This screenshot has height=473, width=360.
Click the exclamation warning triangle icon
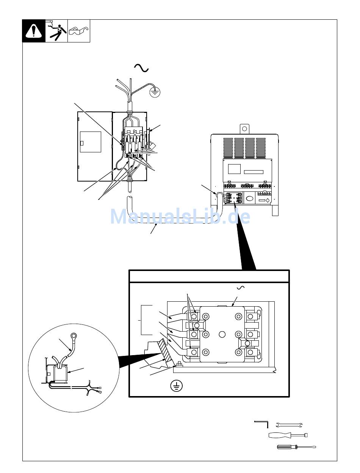tap(34, 31)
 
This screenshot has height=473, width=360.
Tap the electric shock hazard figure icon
tap(56, 31)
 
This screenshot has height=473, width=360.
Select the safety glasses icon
tap(79, 31)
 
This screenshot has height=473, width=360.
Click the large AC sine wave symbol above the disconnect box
tap(141, 68)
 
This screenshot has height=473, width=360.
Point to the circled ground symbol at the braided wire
tap(155, 92)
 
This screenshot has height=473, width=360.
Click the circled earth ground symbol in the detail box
tap(177, 386)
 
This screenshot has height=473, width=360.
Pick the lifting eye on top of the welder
tap(244, 129)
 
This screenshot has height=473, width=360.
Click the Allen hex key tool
tap(261, 424)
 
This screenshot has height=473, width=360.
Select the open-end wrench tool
tap(289, 425)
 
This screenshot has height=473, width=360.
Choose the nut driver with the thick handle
tap(288, 435)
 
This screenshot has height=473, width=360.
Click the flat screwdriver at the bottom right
tap(296, 447)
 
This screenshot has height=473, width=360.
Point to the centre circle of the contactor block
tap(222, 334)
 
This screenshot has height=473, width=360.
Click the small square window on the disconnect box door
tap(82, 143)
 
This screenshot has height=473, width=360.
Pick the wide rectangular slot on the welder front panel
tap(254, 172)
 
